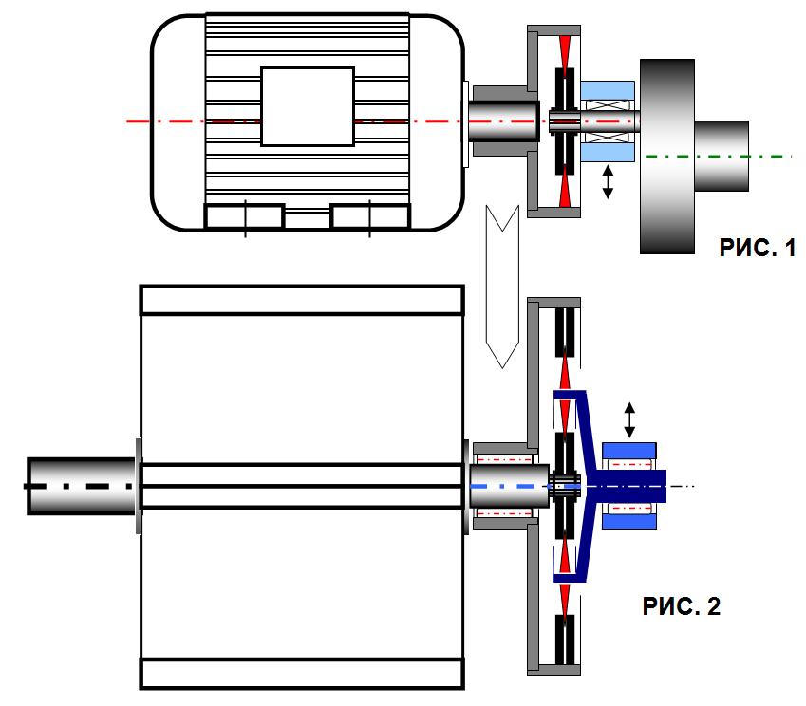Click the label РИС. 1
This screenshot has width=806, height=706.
click(x=758, y=248)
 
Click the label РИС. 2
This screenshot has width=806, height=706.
click(x=681, y=606)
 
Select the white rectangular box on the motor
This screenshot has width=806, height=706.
click(x=308, y=106)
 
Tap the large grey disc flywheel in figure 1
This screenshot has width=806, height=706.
click(x=667, y=157)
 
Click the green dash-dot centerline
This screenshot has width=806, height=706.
click(x=719, y=157)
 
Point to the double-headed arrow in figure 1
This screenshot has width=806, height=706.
click(x=608, y=182)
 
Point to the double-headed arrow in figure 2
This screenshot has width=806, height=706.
click(x=629, y=420)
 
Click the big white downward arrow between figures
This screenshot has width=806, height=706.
click(x=502, y=287)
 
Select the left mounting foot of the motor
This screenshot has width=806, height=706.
click(x=244, y=215)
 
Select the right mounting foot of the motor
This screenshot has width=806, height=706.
click(x=370, y=215)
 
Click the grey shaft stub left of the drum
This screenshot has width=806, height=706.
click(x=82, y=486)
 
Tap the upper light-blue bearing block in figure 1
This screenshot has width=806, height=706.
click(x=608, y=90)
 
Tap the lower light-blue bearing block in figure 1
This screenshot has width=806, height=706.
click(x=608, y=153)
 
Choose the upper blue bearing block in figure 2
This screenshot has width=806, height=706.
click(x=629, y=451)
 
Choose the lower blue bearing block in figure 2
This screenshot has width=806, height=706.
click(x=629, y=522)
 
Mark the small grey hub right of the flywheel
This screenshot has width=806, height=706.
click(x=722, y=157)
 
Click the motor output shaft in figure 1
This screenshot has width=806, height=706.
click(x=504, y=121)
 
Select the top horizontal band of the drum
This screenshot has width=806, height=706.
click(x=302, y=300)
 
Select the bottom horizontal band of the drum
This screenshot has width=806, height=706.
click(x=302, y=674)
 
